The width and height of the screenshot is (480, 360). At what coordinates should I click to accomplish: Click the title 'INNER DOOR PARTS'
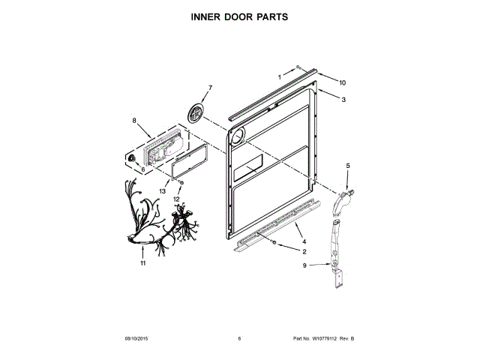coord(240,16)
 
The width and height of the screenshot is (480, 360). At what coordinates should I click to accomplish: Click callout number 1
coord(280,76)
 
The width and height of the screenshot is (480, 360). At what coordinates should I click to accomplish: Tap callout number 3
coord(343,100)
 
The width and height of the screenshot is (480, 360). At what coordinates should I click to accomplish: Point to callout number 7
coord(209,88)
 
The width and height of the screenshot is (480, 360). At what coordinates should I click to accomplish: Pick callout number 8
coord(134,121)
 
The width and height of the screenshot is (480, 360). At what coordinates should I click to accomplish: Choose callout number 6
coord(142,169)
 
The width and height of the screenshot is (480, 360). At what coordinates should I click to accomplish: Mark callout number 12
coord(178,199)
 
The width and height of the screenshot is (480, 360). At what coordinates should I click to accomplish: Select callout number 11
coord(142,263)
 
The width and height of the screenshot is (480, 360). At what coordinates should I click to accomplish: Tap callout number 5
coord(347,165)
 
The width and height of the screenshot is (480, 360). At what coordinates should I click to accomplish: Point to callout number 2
coord(304,252)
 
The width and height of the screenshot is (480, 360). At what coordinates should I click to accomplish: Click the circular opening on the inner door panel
coord(238,136)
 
